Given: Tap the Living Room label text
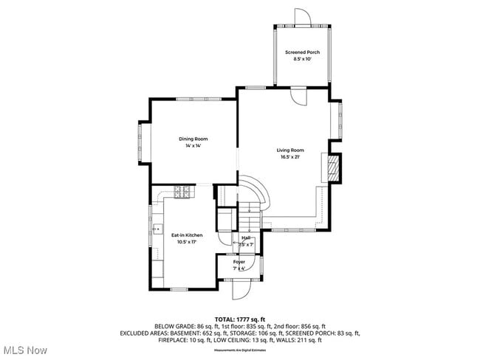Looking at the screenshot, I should pos(290,150).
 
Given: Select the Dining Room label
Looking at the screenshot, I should pos(193,139).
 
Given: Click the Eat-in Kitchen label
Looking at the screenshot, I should pos(187,235).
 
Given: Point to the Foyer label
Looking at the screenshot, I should pos(239,262).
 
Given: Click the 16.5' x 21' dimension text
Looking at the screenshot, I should pos(290,157).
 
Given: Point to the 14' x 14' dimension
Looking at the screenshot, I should pos(193,146).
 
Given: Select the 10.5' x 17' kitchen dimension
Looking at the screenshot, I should pos(187,242).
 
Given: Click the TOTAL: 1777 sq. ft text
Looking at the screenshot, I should pos(240,319).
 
